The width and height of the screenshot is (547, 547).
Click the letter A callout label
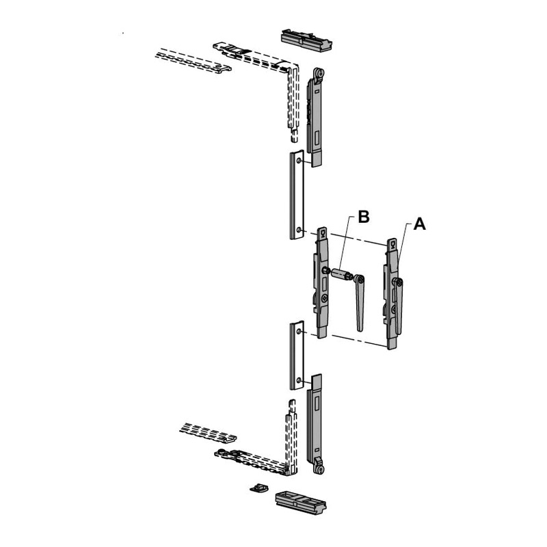click(x=420, y=224)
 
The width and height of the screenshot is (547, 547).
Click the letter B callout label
click(x=364, y=217)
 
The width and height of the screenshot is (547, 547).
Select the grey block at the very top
click(x=306, y=41)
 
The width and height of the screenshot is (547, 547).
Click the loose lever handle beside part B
click(x=360, y=302)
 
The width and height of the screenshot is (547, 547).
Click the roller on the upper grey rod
click(x=319, y=74)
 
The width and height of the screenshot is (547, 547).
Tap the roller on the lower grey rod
click(x=319, y=468)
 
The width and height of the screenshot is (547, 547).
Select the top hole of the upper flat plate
click(x=299, y=161)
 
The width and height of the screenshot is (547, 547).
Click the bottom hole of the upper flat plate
click(x=299, y=230)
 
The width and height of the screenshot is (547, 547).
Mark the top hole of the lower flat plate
click(x=299, y=331)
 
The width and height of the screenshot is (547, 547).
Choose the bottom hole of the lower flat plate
click(x=299, y=379)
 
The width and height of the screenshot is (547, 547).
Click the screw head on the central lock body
click(x=324, y=297)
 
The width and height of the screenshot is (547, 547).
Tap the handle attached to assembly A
click(x=398, y=306)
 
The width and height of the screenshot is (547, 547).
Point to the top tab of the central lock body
click(x=322, y=234)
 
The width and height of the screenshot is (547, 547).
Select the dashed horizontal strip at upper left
click(x=194, y=60)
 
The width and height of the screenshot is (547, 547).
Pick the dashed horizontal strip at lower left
click(x=209, y=433)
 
